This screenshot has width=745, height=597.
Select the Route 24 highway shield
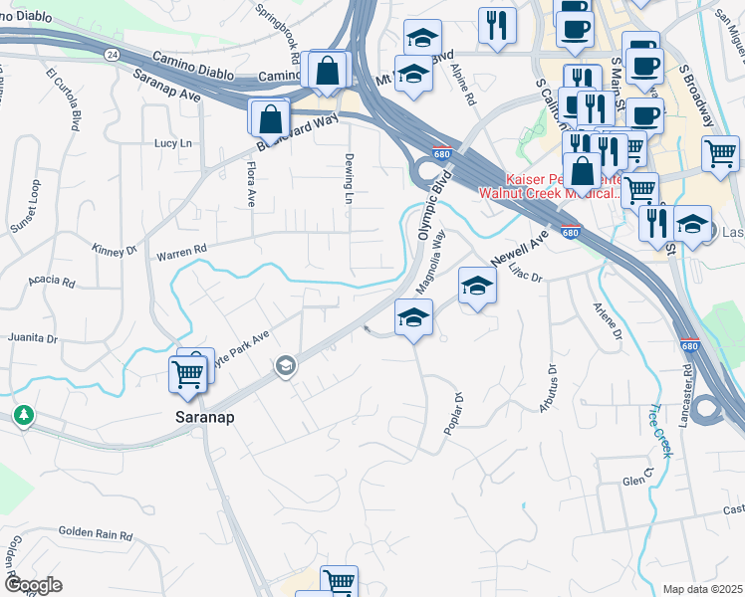[x=111, y=53]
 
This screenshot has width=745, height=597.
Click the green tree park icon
[x=21, y=414]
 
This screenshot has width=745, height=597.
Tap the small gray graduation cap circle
[x=286, y=367]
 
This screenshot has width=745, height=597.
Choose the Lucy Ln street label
[x=172, y=143]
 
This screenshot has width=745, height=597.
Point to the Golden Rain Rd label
[x=96, y=534]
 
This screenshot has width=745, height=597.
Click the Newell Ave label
[x=520, y=250]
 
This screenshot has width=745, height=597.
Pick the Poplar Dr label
[x=453, y=413]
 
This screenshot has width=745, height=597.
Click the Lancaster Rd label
[x=686, y=396]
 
